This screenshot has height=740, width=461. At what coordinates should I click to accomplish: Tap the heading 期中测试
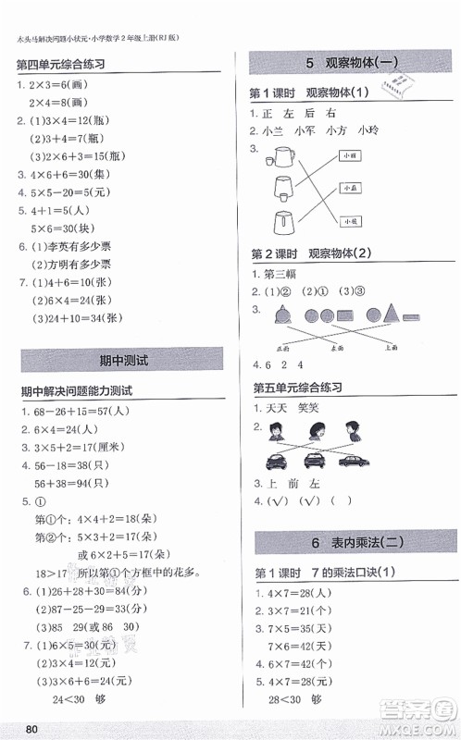[121, 359]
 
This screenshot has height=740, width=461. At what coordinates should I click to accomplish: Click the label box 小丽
[348, 155]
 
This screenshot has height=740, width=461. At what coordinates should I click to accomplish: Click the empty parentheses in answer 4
[343, 501]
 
